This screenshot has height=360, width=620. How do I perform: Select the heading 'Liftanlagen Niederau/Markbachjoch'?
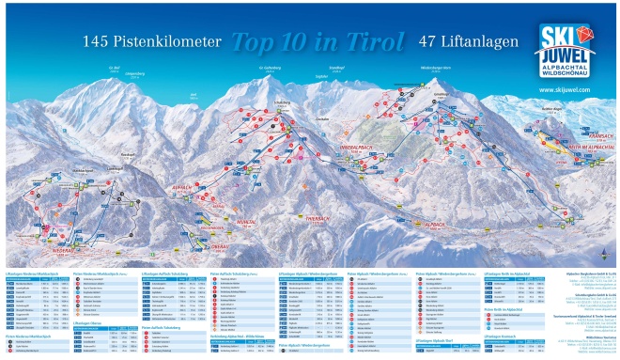pos(38,273)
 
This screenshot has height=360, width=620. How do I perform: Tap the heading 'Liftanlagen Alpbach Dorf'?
pos(370,338)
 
